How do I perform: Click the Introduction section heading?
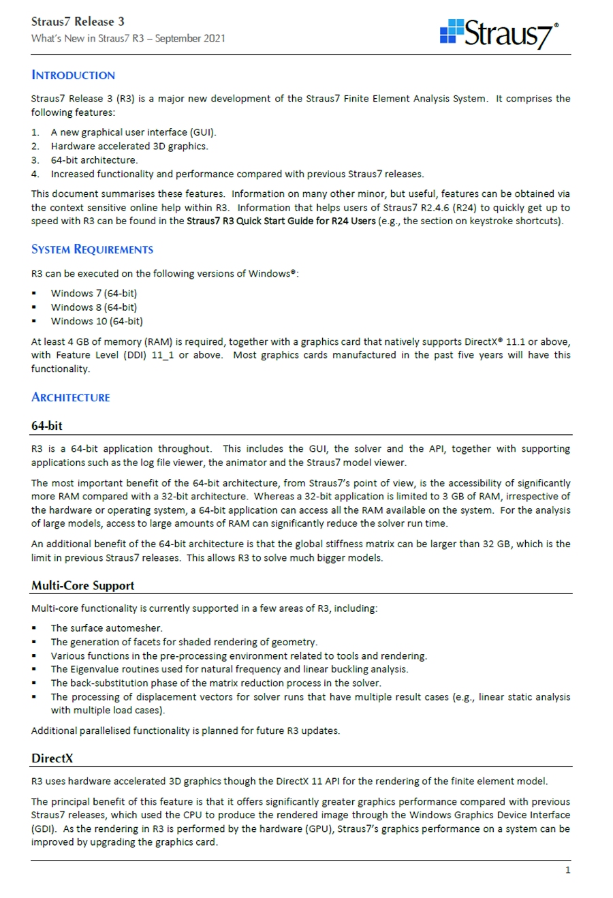point(73,75)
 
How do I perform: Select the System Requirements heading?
point(92,249)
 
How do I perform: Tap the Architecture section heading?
point(70,397)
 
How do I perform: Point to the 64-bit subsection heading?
point(46,426)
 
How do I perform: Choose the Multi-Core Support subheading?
point(82,585)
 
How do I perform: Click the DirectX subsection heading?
point(52,758)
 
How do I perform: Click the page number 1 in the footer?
point(567,870)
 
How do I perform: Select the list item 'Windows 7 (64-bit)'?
point(93,293)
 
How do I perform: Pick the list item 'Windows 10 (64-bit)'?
point(97,321)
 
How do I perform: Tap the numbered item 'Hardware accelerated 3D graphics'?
point(129,146)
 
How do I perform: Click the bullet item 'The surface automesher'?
point(106,628)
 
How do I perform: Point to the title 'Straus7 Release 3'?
point(78,21)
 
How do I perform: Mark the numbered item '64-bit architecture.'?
point(94,160)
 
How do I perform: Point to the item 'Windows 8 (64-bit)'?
point(93,307)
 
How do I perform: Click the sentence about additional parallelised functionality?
point(185,731)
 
